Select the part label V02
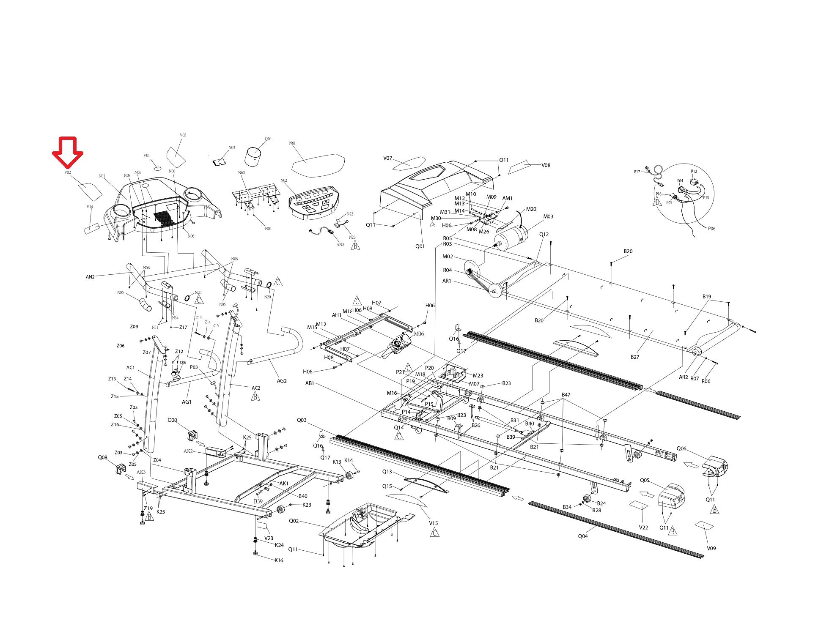[67, 172]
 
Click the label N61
[292, 143]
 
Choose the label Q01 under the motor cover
[420, 246]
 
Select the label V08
[546, 165]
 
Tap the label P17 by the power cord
[637, 172]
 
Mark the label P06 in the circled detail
[712, 229]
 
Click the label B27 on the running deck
[635, 357]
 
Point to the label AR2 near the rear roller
[684, 377]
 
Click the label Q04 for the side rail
[583, 536]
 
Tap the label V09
[711, 548]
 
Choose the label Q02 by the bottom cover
[294, 521]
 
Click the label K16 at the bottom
[279, 560]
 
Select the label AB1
[310, 383]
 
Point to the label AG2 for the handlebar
[282, 381]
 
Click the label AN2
[90, 277]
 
